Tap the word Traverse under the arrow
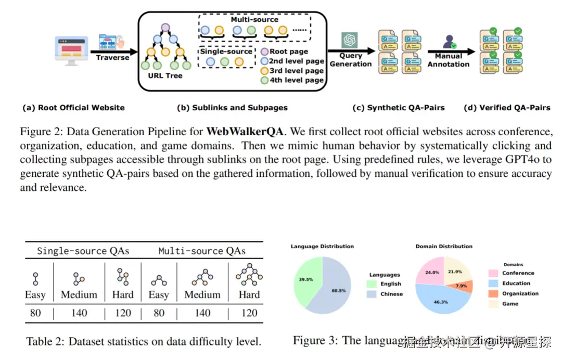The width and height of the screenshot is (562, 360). [112, 58]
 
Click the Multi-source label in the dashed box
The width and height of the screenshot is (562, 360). [255, 19]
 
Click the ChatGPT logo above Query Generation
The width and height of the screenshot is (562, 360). [349, 40]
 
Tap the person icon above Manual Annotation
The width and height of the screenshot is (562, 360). [449, 42]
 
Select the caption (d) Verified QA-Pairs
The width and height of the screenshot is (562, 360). [507, 108]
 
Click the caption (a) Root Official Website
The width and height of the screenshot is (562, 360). [73, 108]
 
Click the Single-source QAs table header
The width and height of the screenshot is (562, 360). [83, 251]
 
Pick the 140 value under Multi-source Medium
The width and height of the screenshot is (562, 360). [202, 313]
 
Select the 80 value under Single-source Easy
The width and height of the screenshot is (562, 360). [35, 313]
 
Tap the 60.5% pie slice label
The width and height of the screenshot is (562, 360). [338, 291]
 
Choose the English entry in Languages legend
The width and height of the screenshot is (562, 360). [390, 284]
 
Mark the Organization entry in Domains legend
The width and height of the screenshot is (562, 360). [520, 293]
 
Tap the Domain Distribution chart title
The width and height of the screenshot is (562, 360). [444, 246]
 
